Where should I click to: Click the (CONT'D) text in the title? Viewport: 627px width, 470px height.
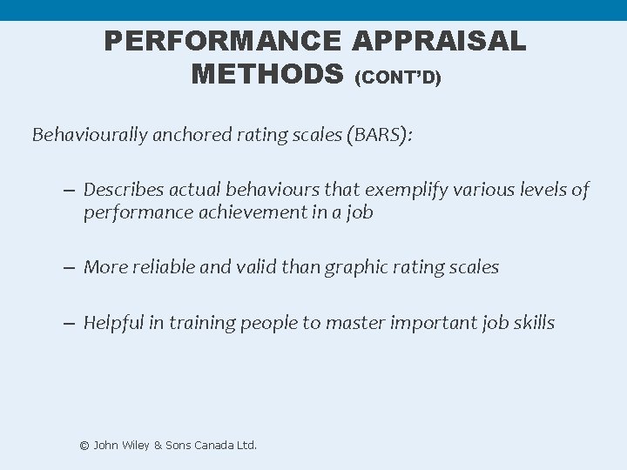click(x=398, y=78)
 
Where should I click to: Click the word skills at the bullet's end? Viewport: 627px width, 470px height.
click(x=532, y=323)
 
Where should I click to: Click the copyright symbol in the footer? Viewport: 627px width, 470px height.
click(x=84, y=445)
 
